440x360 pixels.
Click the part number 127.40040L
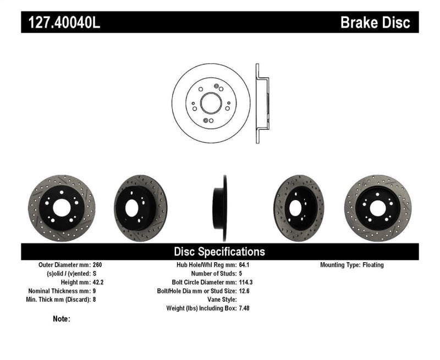tap(61, 23)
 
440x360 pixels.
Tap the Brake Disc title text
tap(375, 23)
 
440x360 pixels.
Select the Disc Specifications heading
tap(219, 252)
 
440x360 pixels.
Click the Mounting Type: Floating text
tap(352, 265)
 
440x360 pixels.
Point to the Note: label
tap(62, 319)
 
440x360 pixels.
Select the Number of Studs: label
tap(213, 274)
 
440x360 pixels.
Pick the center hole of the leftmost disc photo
tap(61, 207)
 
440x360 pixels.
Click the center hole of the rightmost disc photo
tap(377, 208)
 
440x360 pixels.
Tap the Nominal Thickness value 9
tap(95, 291)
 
